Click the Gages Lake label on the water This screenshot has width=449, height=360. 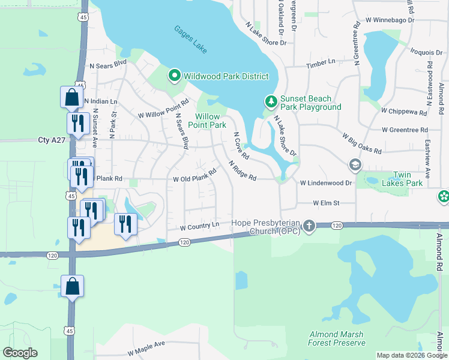[191, 39]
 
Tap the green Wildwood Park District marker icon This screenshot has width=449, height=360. [174, 76]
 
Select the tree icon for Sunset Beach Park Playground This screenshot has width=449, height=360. [271, 101]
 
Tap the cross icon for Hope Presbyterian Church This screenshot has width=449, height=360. [309, 226]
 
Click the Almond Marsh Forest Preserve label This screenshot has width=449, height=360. [337, 338]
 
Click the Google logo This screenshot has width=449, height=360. [20, 353]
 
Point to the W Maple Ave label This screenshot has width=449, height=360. [146, 345]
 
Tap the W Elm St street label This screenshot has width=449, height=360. [325, 203]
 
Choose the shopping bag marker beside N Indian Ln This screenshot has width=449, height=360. [71, 97]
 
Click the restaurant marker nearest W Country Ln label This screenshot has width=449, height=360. [125, 224]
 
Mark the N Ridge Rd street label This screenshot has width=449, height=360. [243, 170]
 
